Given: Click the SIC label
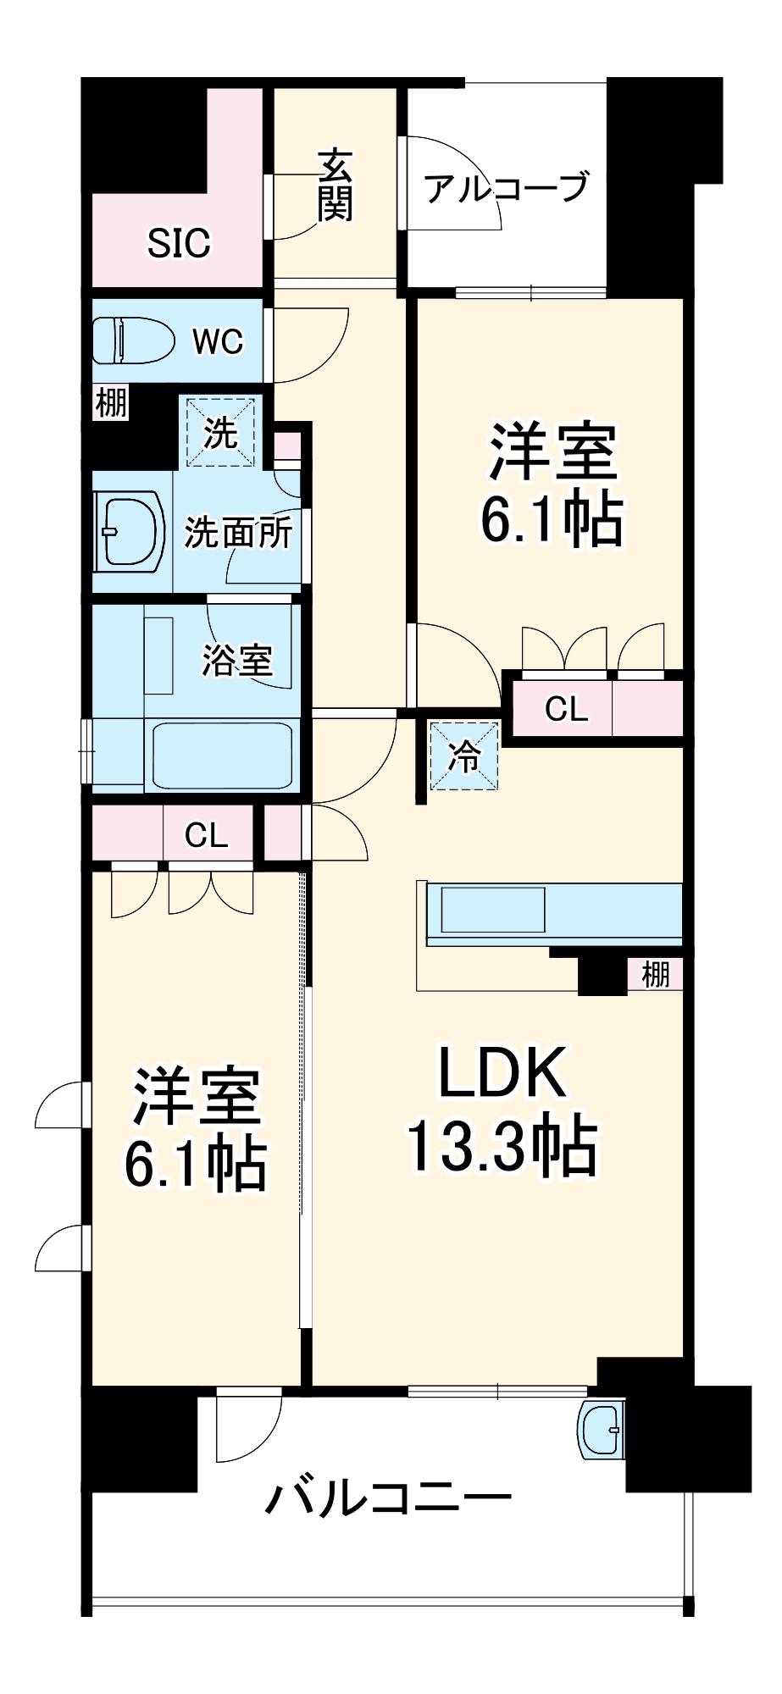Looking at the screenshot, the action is click(179, 243).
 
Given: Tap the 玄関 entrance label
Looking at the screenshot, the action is click(336, 185).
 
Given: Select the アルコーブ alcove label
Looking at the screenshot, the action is click(507, 187).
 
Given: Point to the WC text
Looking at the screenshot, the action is click(218, 341).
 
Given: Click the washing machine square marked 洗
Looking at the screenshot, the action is click(220, 433).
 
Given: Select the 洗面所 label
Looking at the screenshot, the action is click(238, 533).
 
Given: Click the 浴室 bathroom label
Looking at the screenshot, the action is click(237, 660).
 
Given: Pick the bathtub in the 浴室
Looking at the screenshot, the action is click(222, 755).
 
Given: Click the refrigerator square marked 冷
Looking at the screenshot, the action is click(464, 755).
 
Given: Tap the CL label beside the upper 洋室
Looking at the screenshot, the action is click(566, 709).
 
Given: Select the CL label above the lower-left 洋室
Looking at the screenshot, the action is click(207, 835).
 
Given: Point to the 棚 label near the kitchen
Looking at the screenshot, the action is click(656, 974).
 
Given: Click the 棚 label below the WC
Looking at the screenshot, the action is click(111, 402).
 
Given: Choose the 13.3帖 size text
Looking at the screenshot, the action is click(503, 1146).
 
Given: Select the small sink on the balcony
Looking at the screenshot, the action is click(601, 1429).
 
